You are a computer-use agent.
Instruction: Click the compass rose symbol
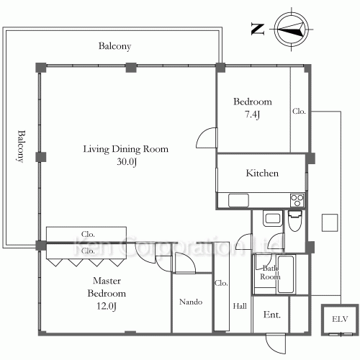click(292, 30)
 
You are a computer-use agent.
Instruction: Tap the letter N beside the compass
click(258, 29)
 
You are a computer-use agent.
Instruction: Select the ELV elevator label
click(340, 319)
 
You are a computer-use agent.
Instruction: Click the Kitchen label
click(262, 173)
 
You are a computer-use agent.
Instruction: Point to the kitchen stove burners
click(297, 200)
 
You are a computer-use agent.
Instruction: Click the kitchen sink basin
click(238, 200)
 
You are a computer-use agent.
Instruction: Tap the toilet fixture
click(294, 221)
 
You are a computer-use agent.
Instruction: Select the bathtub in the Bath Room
click(286, 274)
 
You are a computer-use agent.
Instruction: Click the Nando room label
click(191, 302)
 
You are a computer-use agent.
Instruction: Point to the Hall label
click(240, 306)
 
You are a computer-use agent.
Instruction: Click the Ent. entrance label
click(272, 315)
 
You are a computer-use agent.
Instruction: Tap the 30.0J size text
click(127, 162)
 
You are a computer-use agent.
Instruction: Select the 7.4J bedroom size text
click(253, 114)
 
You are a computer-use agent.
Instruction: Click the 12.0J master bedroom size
click(107, 306)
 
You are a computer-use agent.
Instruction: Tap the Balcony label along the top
click(114, 46)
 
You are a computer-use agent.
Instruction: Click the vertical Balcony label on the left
click(22, 146)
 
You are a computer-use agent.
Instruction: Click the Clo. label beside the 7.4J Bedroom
click(299, 111)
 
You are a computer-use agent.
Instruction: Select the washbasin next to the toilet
click(273, 218)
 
